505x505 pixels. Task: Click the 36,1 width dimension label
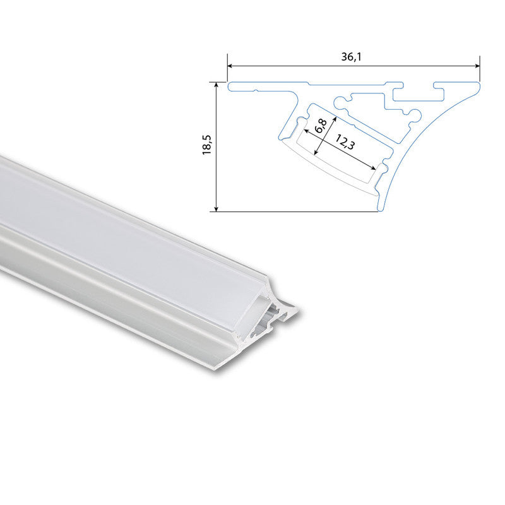(x=353, y=57)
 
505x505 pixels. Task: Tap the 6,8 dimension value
(x=321, y=125)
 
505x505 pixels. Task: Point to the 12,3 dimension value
(x=345, y=143)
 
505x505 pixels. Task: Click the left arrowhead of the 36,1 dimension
(x=230, y=65)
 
